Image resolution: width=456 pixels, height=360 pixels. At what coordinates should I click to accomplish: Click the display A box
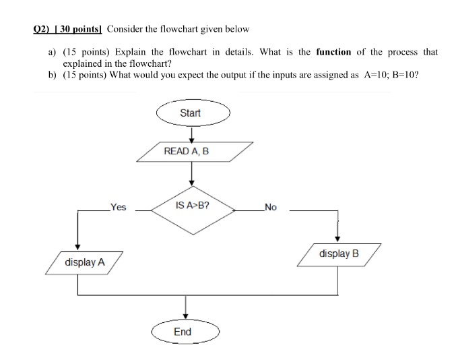(85, 262)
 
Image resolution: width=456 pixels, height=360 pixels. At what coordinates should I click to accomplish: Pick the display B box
(340, 254)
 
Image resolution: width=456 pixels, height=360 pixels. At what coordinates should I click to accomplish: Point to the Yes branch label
(119, 208)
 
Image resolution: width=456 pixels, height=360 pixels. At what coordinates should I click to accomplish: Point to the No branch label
(270, 208)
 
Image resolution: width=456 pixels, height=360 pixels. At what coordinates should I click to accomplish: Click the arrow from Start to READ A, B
(191, 133)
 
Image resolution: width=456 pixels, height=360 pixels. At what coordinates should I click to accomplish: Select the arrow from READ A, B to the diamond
(191, 173)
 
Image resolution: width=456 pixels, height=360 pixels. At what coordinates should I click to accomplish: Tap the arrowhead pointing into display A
(79, 247)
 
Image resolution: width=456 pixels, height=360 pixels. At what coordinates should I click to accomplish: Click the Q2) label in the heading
(42, 29)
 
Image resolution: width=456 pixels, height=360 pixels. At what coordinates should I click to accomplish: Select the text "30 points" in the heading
(78, 29)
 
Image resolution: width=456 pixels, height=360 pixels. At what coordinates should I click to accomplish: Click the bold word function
(333, 52)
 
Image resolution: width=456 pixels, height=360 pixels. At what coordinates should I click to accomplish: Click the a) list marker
(51, 52)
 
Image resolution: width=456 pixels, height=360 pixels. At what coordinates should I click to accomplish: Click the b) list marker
(52, 75)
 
